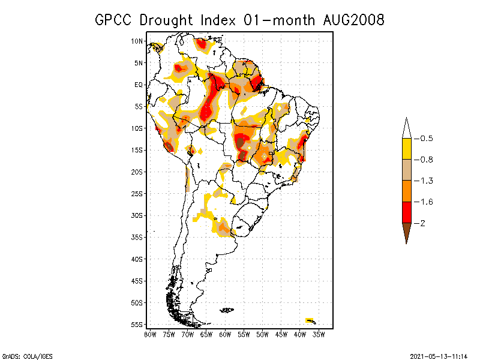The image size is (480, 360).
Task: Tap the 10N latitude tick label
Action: [137, 41]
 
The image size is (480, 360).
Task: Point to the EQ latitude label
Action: [138, 85]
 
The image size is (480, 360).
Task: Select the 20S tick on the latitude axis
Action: [137, 172]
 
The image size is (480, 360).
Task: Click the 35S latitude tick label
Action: [137, 238]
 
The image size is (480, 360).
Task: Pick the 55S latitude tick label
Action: [137, 325]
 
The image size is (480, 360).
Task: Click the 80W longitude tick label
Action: [150, 334]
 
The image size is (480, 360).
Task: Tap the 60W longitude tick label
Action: [226, 334]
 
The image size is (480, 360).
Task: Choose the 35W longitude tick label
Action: [320, 334]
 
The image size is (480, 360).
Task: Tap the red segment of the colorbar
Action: [406, 212]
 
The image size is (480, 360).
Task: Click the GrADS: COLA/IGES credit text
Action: [27, 356]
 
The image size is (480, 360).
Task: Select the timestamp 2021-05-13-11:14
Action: [439, 356]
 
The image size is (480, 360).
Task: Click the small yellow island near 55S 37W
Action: [310, 320]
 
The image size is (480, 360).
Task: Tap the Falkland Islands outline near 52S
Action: [227, 310]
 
